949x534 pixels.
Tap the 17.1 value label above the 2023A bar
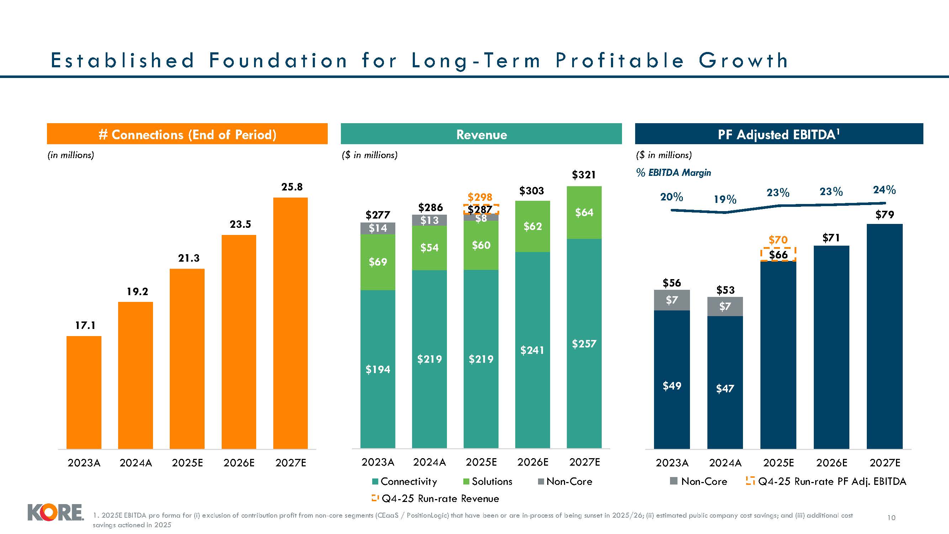pyautogui.click(x=85, y=325)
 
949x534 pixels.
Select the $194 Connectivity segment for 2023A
pyautogui.click(x=378, y=369)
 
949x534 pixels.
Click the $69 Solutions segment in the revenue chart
pyautogui.click(x=378, y=262)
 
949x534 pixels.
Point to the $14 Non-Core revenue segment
pyautogui.click(x=378, y=228)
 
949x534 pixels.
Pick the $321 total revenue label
pyautogui.click(x=584, y=175)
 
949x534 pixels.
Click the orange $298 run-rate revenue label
pyautogui.click(x=480, y=197)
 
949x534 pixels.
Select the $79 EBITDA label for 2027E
pyautogui.click(x=885, y=214)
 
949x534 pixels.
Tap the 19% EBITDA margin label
pyautogui.click(x=725, y=199)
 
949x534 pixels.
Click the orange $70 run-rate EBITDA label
pyautogui.click(x=778, y=240)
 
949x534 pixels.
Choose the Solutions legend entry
pyautogui.click(x=488, y=481)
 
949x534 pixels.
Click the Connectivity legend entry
pyautogui.click(x=405, y=481)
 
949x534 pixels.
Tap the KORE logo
pyautogui.click(x=55, y=513)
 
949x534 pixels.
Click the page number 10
pyautogui.click(x=891, y=518)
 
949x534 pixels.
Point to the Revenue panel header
pyautogui.click(x=481, y=134)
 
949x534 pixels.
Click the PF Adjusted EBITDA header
pyautogui.click(x=779, y=134)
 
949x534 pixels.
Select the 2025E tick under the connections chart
pyautogui.click(x=187, y=462)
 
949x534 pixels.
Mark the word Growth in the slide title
pyautogui.click(x=743, y=61)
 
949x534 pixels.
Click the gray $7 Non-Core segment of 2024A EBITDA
pyautogui.click(x=725, y=306)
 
